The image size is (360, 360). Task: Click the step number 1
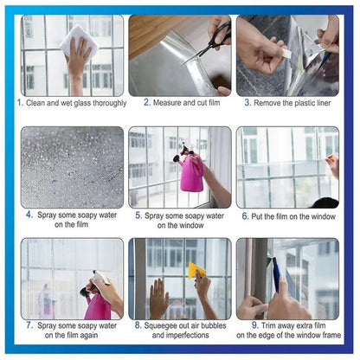(x=19, y=102)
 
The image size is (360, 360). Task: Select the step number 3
(x=247, y=102)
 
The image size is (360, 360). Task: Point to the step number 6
(x=245, y=215)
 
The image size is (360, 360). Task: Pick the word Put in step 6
(x=260, y=215)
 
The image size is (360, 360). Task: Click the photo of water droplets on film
(x=72, y=167)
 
